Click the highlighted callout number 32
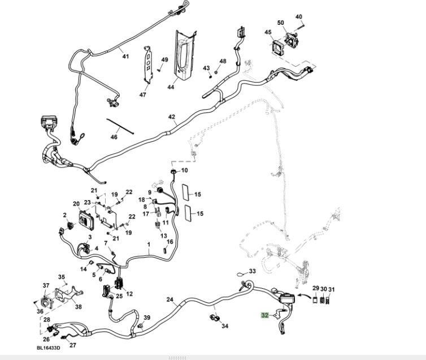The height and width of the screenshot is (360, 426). pyautogui.click(x=264, y=315)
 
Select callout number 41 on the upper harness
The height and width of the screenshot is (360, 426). pyautogui.click(x=125, y=56)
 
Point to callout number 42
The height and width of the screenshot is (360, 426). pyautogui.click(x=172, y=117)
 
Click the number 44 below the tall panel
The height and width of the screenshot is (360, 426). pyautogui.click(x=170, y=88)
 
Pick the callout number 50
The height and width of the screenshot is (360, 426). pyautogui.click(x=280, y=23)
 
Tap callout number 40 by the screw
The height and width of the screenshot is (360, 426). pyautogui.click(x=299, y=17)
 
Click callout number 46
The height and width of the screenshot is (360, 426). pyautogui.click(x=114, y=137)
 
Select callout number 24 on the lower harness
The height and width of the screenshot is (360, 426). pyautogui.click(x=169, y=299)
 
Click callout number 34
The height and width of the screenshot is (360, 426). pyautogui.click(x=225, y=326)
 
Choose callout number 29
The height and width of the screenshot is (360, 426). pyautogui.click(x=316, y=289)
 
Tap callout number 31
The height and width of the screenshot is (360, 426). pyautogui.click(x=332, y=290)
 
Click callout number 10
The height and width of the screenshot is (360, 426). pyautogui.click(x=184, y=170)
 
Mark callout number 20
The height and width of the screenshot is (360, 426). pyautogui.click(x=76, y=203)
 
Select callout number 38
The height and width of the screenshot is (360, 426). pyautogui.click(x=78, y=307)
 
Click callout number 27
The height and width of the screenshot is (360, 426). pyautogui.click(x=72, y=345)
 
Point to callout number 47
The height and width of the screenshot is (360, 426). pyautogui.click(x=143, y=94)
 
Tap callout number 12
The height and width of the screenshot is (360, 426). pyautogui.click(x=129, y=293)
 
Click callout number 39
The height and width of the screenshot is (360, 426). pyautogui.click(x=147, y=318)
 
